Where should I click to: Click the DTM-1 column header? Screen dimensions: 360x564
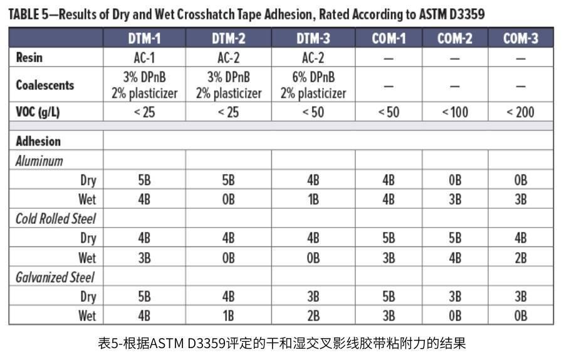coord(145,38)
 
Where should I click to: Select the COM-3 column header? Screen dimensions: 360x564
coord(520,38)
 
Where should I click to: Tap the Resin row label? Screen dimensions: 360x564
coord(29,58)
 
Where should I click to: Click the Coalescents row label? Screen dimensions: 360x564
coord(45,85)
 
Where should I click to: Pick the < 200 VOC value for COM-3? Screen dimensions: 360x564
coord(520,112)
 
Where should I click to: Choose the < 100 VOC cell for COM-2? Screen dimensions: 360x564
coord(454,112)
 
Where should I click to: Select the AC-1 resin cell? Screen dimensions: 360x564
coord(145,58)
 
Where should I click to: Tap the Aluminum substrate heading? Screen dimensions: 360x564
coord(39,161)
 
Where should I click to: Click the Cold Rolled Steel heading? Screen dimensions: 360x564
coord(56,219)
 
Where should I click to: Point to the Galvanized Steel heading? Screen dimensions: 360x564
coord(55,277)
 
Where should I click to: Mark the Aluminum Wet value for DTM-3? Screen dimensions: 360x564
coord(313,199)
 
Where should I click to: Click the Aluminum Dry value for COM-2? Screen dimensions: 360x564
coord(454,180)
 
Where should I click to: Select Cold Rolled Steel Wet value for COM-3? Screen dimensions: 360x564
coord(520,258)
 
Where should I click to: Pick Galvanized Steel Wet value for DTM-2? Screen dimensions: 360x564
coord(229,315)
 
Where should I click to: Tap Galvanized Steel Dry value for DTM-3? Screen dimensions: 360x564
coord(313,296)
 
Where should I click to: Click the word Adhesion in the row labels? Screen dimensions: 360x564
coord(39,141)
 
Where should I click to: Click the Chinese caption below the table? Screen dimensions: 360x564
coord(282,343)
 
